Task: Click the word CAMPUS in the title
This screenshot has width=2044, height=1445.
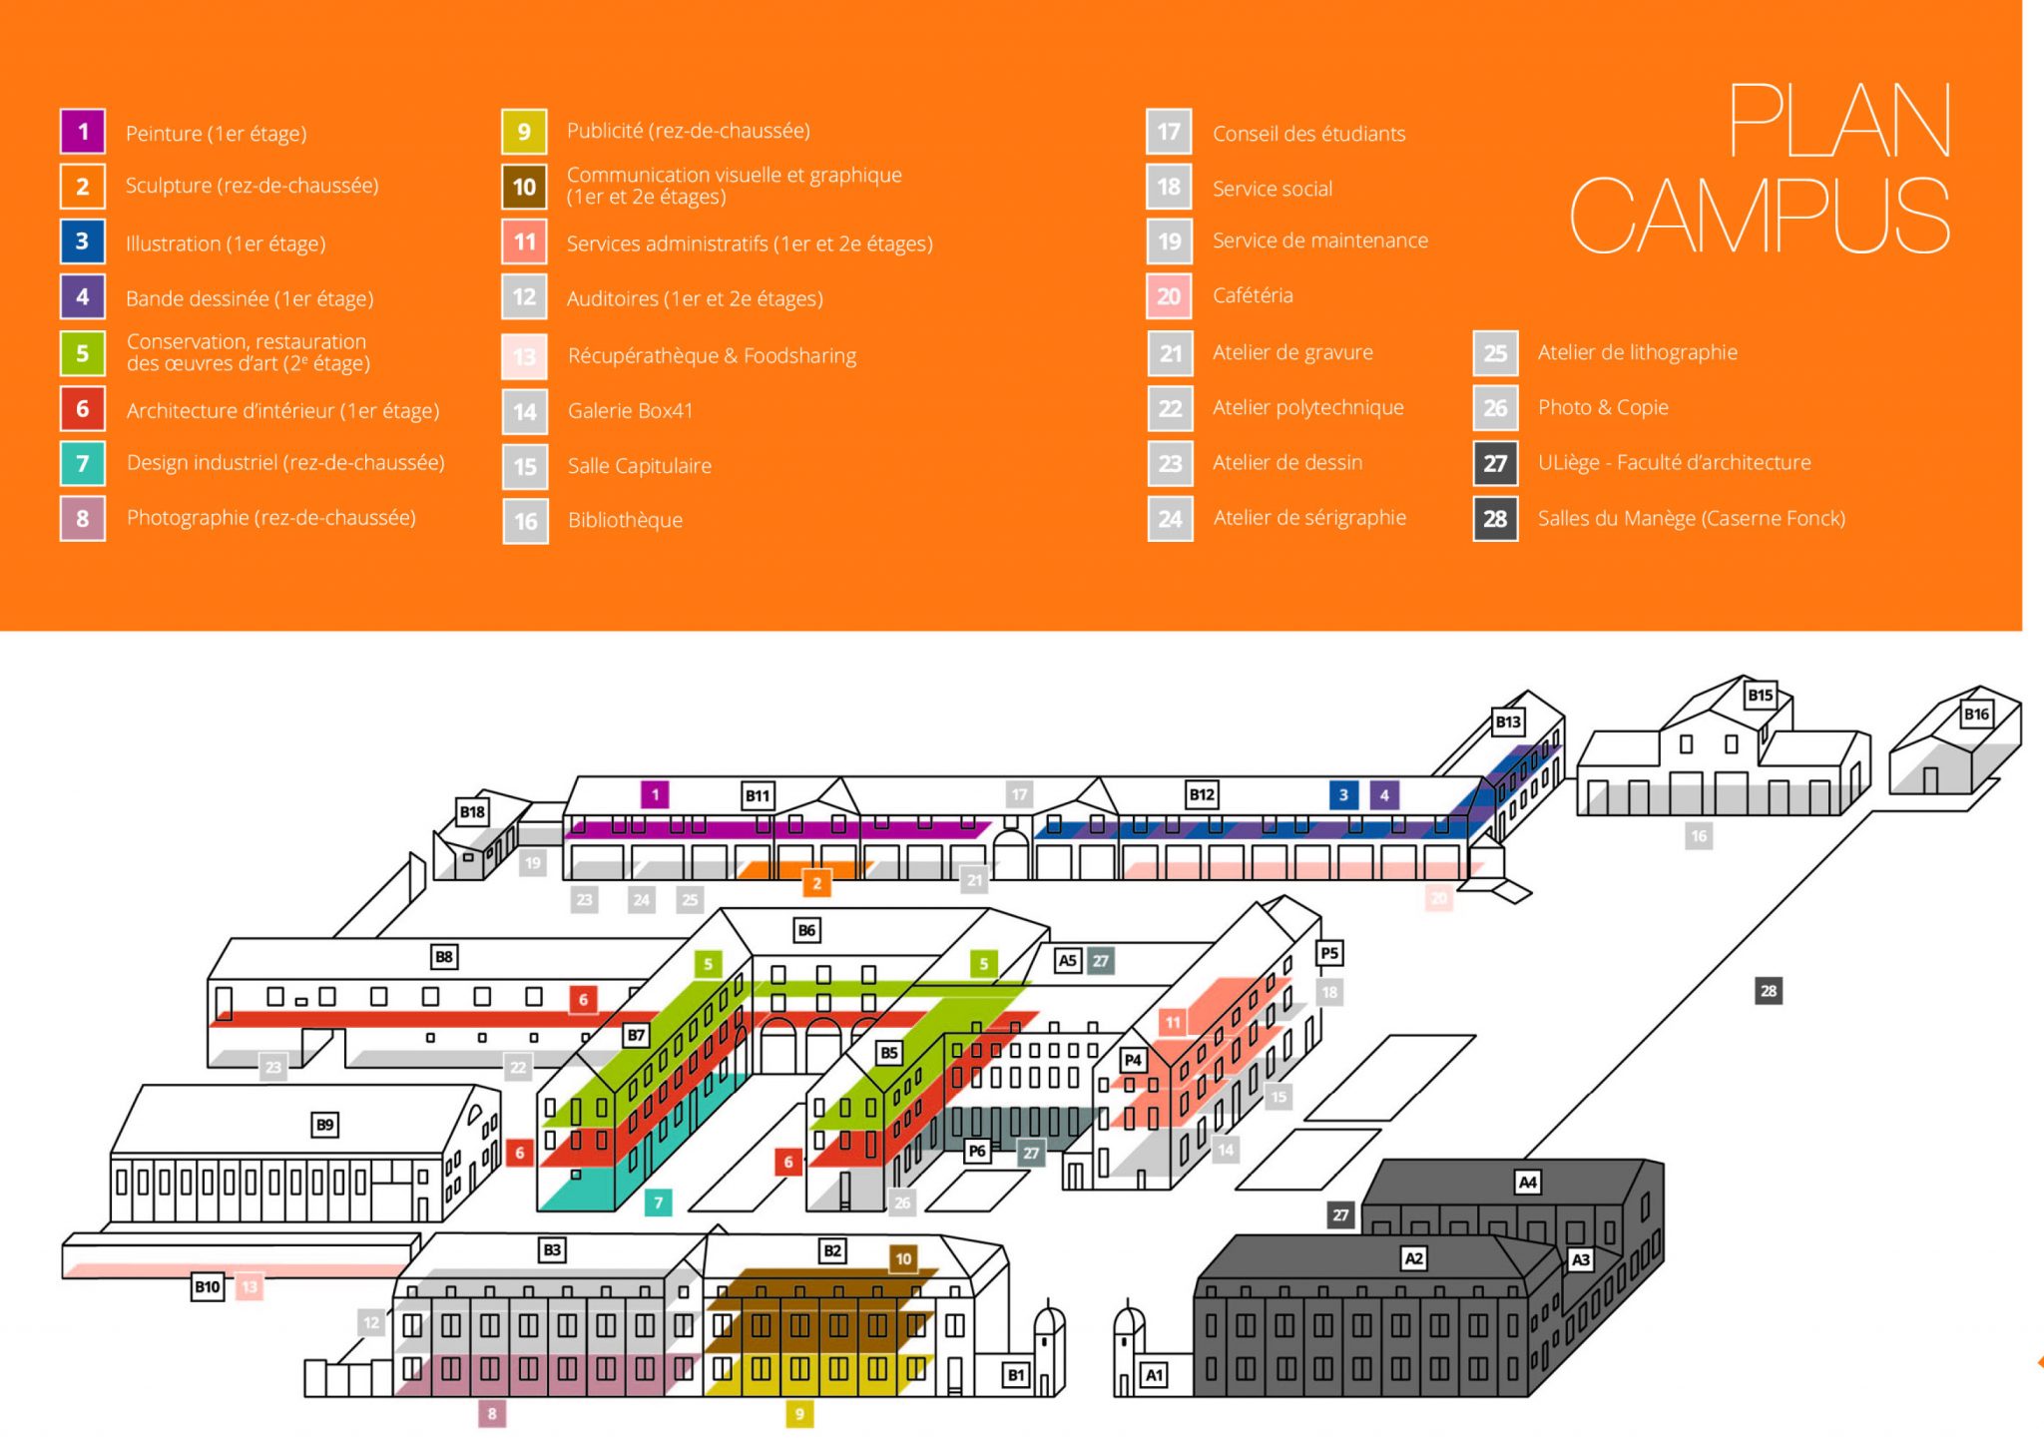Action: point(1759,216)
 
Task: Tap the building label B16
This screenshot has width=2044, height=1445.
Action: point(1976,714)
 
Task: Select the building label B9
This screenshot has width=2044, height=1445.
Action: point(325,1125)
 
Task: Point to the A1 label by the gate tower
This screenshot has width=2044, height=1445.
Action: point(1154,1375)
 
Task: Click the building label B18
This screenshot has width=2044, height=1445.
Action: point(472,811)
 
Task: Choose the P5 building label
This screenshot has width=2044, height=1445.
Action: point(1329,953)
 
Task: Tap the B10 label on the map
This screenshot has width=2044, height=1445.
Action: point(207,1286)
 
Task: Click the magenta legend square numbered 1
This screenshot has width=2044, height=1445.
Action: point(83,132)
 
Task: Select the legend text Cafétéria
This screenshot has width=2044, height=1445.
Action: point(1253,295)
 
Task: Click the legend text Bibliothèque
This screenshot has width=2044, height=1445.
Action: point(625,520)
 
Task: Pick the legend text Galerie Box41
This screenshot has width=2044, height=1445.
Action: point(630,410)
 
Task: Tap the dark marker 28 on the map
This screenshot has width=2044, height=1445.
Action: point(1769,991)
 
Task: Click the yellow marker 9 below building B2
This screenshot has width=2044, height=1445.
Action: point(798,1413)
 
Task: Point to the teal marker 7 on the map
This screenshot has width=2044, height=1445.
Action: point(658,1203)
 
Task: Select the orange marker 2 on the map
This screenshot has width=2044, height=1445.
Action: point(816,883)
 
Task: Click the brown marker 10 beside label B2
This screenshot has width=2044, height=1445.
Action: point(903,1258)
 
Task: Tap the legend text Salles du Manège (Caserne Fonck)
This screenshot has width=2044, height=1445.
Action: point(1691,518)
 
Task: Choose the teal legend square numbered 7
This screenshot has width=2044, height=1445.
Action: point(83,463)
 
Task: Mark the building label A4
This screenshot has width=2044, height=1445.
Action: point(1527,1183)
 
